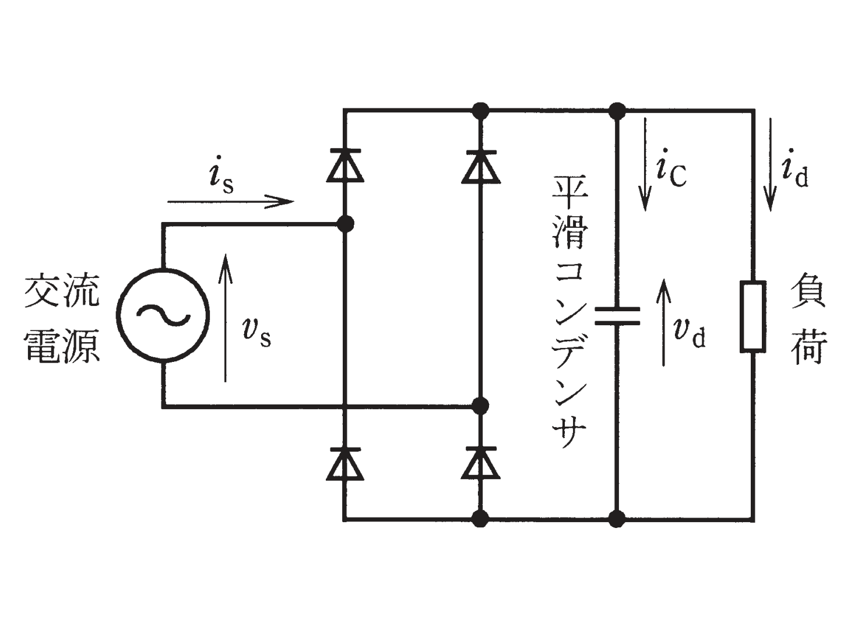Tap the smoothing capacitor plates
[617, 316]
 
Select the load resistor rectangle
[753, 316]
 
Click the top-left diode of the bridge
[345, 165]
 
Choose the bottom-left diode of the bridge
[345, 463]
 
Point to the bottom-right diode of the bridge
[480, 463]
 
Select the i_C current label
[671, 168]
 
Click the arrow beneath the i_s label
[231, 202]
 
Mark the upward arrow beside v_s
[225, 318]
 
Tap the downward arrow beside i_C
[645, 164]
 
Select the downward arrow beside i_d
[770, 165]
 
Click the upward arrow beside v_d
[664, 322]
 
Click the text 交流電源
[62, 318]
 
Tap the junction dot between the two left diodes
[345, 224]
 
